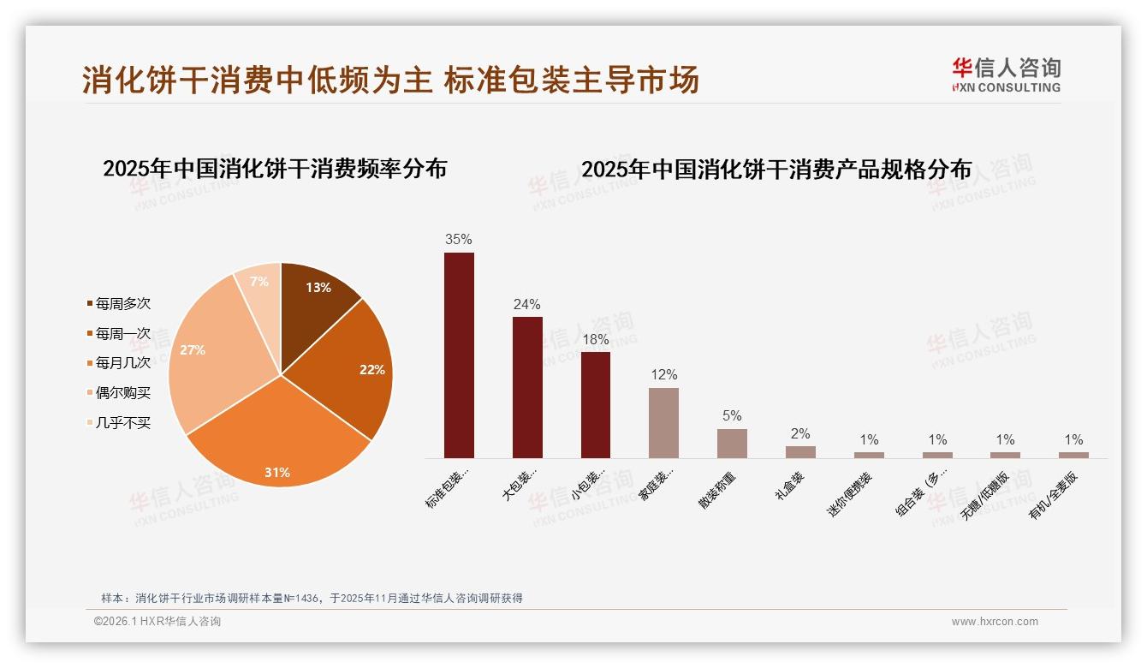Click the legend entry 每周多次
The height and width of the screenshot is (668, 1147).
pos(122,304)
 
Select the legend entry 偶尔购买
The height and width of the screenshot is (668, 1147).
pos(122,392)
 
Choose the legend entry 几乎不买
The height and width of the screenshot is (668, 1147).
pos(122,422)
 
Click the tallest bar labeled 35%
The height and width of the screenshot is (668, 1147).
pos(459,355)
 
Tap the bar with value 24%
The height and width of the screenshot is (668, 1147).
pos(527,387)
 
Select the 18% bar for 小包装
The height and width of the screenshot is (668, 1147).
pos(596,404)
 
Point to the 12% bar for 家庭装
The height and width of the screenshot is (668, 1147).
pos(663,423)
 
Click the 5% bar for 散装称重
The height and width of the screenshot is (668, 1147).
pos(732,443)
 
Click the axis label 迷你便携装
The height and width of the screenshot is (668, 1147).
pos(849,494)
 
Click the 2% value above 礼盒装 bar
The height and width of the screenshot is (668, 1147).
pos(800,434)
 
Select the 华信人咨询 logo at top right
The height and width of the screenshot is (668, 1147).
pos(1006,75)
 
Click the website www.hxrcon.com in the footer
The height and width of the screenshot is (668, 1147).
pos(995,622)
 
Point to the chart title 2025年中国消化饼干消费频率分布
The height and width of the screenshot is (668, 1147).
pos(275,169)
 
